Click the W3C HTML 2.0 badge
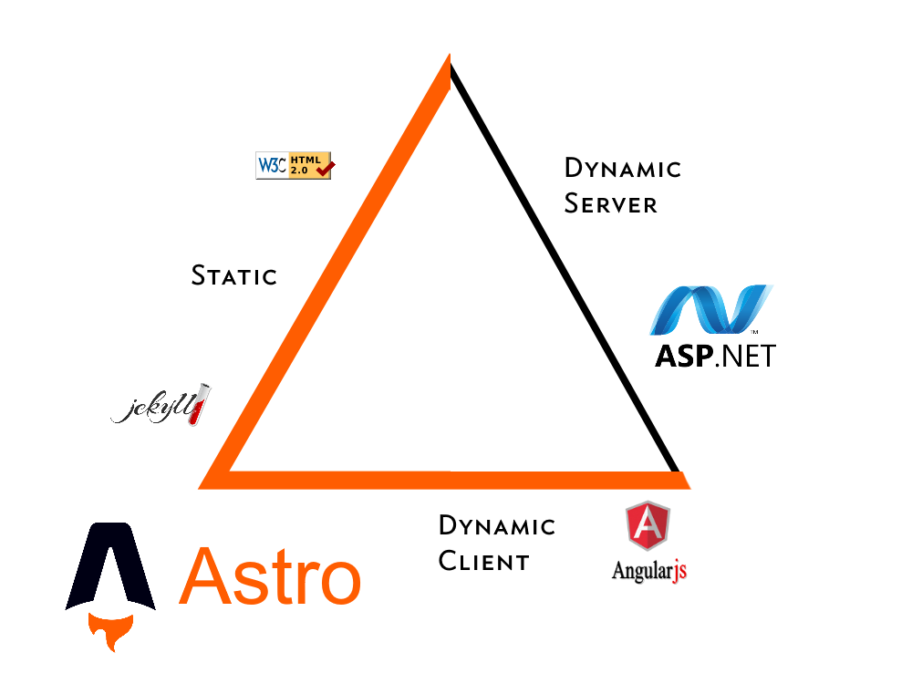coord(294,165)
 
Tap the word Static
coord(234,275)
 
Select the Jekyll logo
coord(161,406)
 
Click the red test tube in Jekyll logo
coord(199,404)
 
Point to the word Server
coord(610,203)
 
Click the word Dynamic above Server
coord(623,169)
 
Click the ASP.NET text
coord(715,354)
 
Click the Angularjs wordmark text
coord(648,572)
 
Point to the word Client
coord(483,562)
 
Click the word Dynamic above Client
coord(497,526)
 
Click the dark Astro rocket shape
coord(111,565)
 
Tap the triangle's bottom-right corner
coord(682,480)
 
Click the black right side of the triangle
coord(565,274)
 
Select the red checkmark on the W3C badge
coord(324,167)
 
